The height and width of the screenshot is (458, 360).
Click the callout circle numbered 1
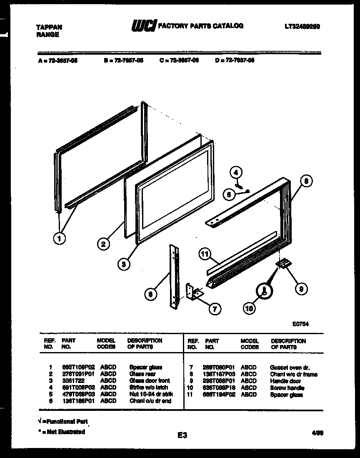click(60, 239)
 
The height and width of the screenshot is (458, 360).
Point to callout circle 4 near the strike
click(236, 172)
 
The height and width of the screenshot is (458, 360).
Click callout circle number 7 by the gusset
click(215, 309)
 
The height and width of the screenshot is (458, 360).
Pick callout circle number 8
click(306, 181)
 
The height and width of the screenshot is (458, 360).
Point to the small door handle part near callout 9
click(284, 264)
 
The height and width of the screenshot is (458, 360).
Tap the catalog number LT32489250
click(302, 26)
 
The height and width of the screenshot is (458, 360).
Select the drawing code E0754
click(300, 323)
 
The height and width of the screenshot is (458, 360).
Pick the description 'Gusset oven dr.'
click(290, 367)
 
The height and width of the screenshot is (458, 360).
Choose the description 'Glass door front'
click(150, 381)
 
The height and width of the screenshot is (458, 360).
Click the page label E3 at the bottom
click(182, 435)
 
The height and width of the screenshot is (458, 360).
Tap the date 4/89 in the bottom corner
click(317, 433)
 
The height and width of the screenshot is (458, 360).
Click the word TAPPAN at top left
click(49, 27)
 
